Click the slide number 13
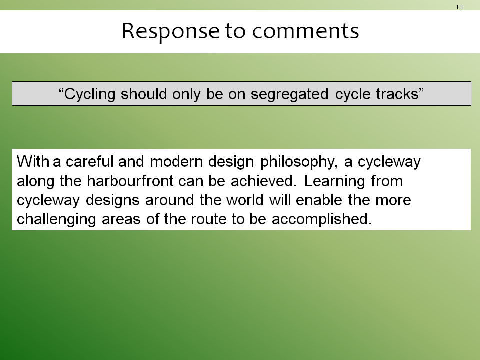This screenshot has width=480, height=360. click(x=459, y=7)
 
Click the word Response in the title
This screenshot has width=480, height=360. click(x=171, y=31)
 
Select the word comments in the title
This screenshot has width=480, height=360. click(x=305, y=31)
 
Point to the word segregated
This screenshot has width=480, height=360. click(x=289, y=94)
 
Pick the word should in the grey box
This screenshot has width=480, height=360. click(x=144, y=93)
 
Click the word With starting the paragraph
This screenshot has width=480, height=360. click(x=33, y=161)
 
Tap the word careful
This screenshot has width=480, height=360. click(x=89, y=161)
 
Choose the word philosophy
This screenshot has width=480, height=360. click(x=299, y=162)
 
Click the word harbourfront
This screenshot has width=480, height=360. click(x=130, y=181)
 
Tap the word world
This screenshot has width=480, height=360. click(x=245, y=200)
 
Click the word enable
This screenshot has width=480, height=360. click(x=319, y=200)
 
